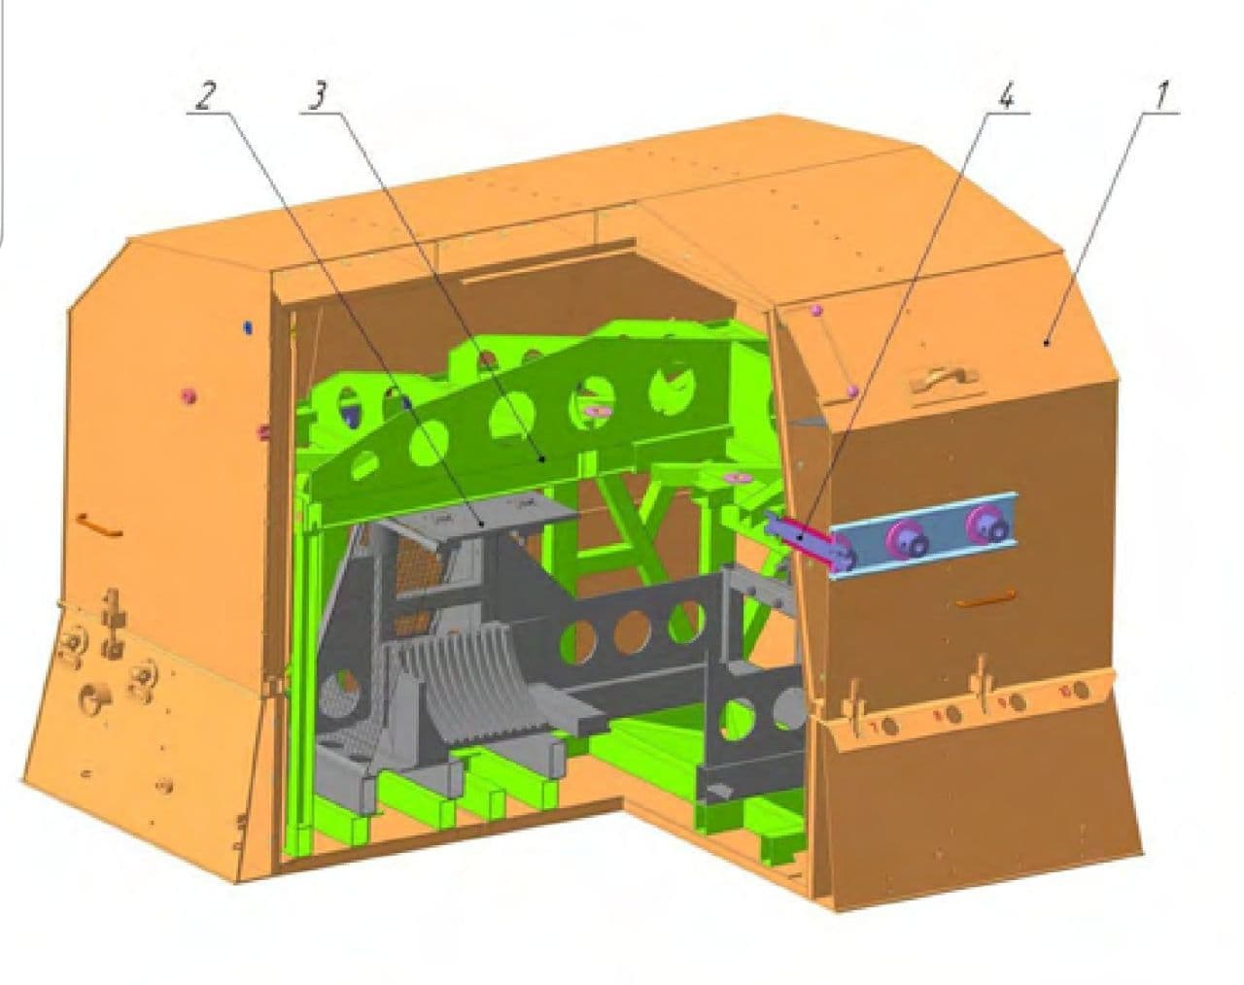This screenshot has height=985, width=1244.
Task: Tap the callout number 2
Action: point(204,96)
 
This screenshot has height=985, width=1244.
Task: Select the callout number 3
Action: point(318,96)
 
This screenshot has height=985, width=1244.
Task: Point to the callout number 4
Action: point(1006,97)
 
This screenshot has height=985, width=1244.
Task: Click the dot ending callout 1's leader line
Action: point(1046,343)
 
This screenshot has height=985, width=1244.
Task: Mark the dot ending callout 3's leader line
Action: point(543,459)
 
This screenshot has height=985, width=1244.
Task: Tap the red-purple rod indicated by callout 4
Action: point(804,531)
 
